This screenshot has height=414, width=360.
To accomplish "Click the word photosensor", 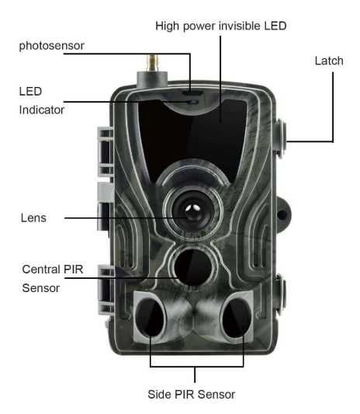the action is pos(52,46).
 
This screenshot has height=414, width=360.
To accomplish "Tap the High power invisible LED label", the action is pos(221,26).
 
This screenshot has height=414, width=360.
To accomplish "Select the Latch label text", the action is pos(329,61).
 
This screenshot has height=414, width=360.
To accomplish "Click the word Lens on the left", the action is pos(33,218).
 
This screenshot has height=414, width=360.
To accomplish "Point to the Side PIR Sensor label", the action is pos(191,395).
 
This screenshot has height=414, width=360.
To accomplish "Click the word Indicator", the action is pos(42,110).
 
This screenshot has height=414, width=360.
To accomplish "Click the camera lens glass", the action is pos(193,210).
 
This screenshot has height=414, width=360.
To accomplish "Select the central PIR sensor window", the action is pos(193,266).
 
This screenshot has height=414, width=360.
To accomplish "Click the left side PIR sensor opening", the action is pos(150,318).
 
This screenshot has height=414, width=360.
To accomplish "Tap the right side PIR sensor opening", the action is pos(236,318).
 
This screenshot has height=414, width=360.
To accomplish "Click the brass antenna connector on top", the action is pos(153,63).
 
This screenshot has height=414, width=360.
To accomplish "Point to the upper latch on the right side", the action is pos(281,137).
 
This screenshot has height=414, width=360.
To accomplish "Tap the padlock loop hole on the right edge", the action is pos(282,215).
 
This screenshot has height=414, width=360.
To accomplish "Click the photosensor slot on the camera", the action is pos(192,93).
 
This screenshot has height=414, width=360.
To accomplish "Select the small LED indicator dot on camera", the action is pos(195,102).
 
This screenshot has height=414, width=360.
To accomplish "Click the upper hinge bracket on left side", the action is pos(106,151).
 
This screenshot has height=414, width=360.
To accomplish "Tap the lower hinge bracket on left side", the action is pos(106,290).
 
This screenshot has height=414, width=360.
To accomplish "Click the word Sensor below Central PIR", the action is pos(41,288).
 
